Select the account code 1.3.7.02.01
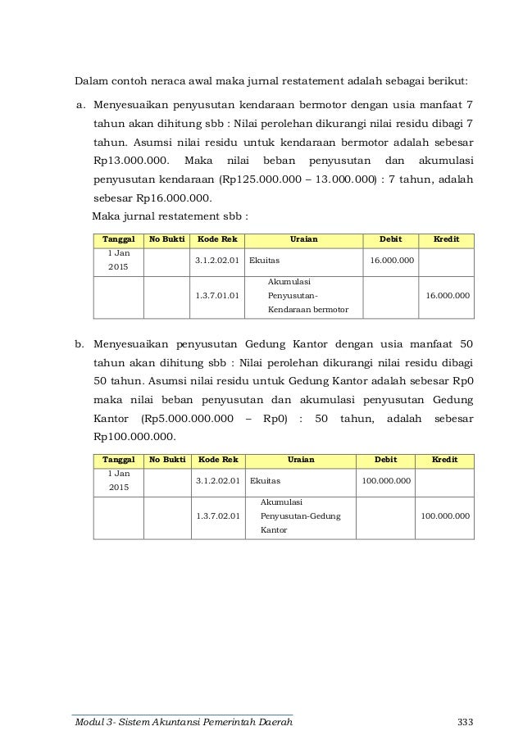pos(217,515)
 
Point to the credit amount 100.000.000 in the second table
pos(444,515)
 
